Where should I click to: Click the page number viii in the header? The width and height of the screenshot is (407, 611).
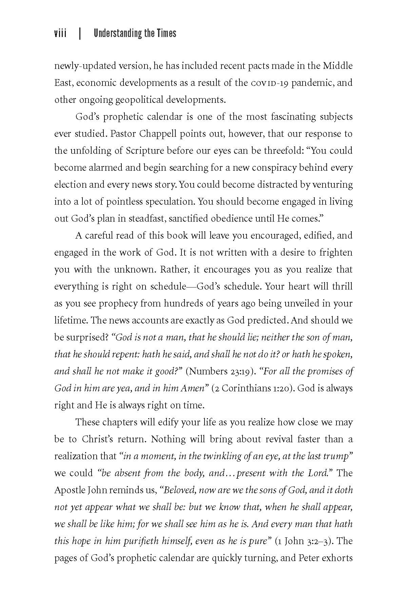[60, 33]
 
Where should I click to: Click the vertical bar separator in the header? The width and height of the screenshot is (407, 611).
[80, 34]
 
